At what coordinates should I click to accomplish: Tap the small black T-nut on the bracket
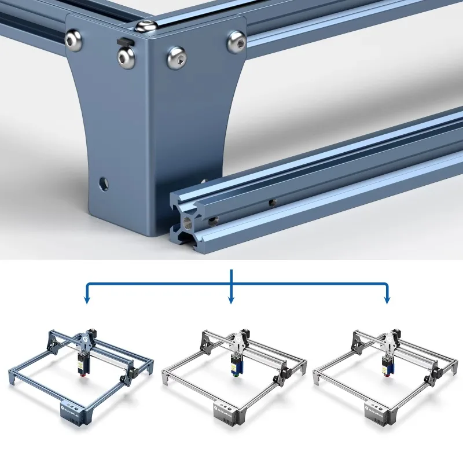coord(124,41)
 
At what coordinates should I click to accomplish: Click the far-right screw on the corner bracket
coord(236,41)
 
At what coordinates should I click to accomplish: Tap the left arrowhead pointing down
coord(87,299)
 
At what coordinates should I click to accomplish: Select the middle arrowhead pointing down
coord(231,299)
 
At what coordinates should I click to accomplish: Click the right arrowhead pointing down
coord(387,299)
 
